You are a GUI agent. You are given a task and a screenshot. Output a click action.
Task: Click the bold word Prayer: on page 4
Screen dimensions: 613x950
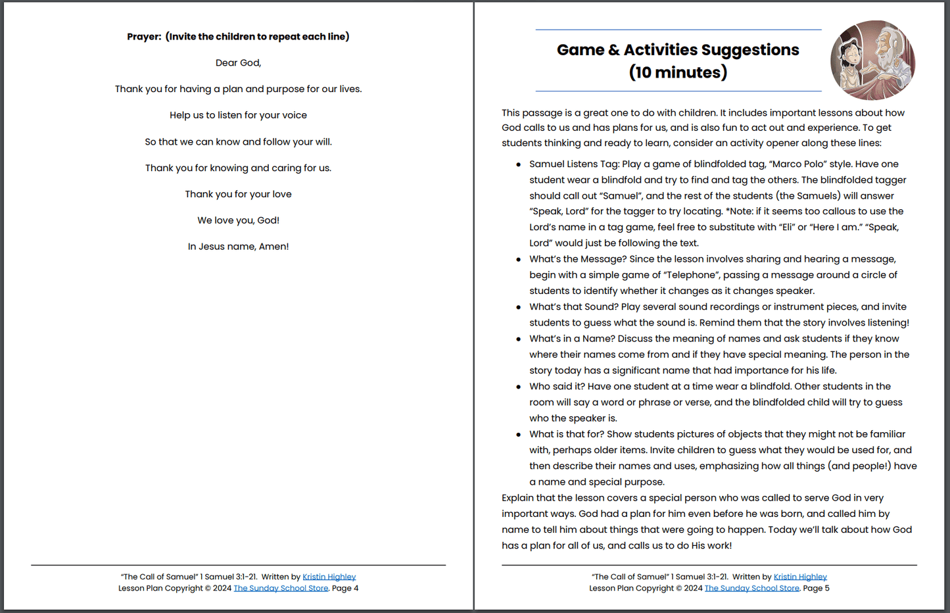144,37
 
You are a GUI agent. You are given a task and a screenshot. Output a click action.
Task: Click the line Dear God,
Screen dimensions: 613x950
238,63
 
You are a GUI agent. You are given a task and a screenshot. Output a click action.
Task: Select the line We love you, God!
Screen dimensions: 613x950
238,220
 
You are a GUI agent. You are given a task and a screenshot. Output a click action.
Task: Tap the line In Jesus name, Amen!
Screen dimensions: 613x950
238,247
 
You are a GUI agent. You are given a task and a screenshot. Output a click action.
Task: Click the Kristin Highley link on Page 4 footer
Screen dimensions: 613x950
329,577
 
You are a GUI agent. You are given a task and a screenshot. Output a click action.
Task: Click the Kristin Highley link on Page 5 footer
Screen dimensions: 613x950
800,577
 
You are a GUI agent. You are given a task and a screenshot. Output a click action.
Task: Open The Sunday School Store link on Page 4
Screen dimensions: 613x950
281,588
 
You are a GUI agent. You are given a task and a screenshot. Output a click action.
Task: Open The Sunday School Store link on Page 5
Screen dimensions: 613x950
751,588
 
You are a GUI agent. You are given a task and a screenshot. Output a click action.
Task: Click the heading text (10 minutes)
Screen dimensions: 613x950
678,72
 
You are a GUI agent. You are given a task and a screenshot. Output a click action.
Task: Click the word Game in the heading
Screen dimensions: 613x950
581,50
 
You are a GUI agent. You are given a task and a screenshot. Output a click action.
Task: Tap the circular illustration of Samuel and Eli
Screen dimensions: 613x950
872,61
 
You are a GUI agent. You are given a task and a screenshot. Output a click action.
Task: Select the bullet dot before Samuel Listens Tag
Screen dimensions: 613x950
519,164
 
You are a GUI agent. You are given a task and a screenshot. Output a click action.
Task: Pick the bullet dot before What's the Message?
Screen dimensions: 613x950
519,260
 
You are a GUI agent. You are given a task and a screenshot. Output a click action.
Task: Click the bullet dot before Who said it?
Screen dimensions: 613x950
519,387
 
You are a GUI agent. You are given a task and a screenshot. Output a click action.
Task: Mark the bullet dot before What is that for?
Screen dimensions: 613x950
519,435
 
